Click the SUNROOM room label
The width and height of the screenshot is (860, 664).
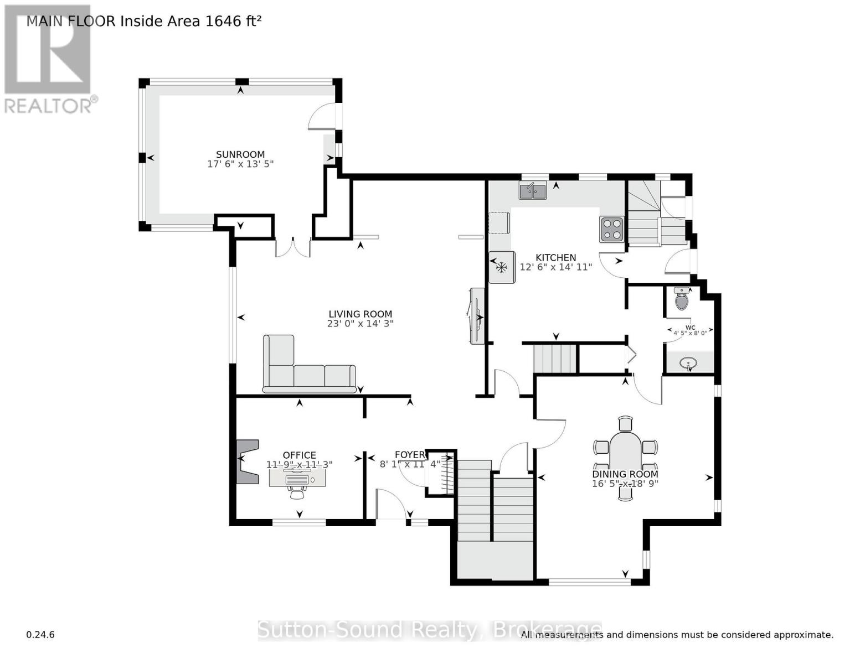[x=240, y=154]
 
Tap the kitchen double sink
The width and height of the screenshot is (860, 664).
[x=532, y=191]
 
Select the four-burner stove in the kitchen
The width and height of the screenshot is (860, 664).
[x=611, y=230]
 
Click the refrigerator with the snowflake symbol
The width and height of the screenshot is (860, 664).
[x=502, y=268]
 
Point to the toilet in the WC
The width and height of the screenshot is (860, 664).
[x=682, y=299]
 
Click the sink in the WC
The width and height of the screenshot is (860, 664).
[x=689, y=364]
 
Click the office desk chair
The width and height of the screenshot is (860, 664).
[x=297, y=491]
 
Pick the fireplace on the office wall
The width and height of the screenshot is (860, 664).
[x=247, y=461]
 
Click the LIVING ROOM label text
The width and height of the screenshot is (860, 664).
[x=360, y=314]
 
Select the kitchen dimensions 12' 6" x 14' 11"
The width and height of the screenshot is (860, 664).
[x=556, y=267]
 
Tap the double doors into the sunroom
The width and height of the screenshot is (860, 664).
[x=293, y=247]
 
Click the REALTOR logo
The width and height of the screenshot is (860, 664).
[x=49, y=58]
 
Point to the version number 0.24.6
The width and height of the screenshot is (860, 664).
[x=40, y=635]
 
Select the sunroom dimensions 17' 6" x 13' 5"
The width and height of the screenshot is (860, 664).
[x=240, y=164]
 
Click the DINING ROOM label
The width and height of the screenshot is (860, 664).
[x=625, y=474]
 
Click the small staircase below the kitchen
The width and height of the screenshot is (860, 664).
[x=555, y=359]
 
